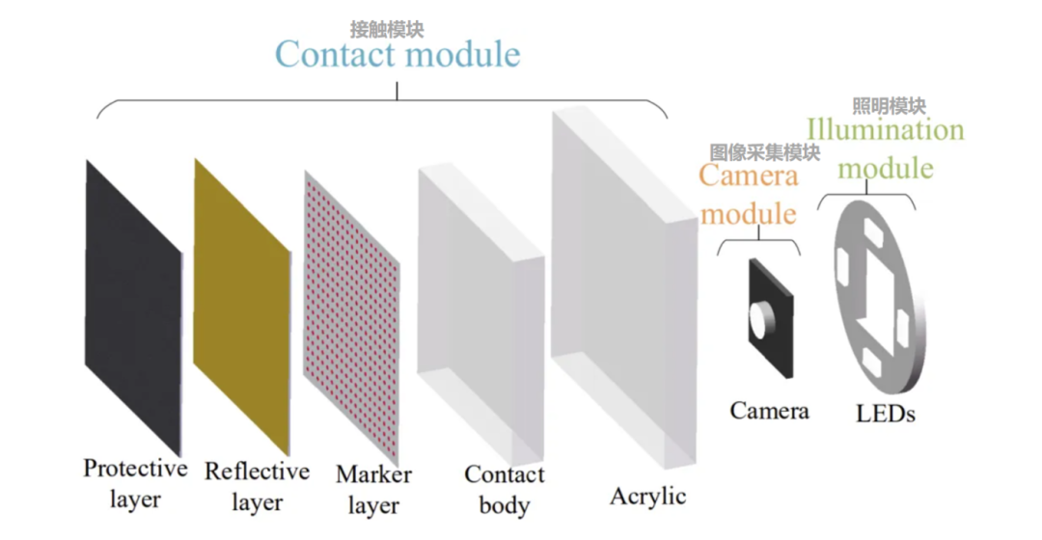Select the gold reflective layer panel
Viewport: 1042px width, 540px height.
[x=241, y=304]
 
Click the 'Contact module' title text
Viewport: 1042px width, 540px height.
[x=398, y=54]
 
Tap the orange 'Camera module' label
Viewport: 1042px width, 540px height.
[x=749, y=194]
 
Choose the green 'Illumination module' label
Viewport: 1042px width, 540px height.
[x=885, y=148]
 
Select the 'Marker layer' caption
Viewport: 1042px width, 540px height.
[x=373, y=489]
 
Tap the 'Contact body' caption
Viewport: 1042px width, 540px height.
[x=504, y=489]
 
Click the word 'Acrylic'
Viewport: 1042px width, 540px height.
[x=647, y=497]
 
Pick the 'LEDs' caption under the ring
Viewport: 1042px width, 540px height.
[x=885, y=414]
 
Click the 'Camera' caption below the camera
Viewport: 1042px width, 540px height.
[x=769, y=411]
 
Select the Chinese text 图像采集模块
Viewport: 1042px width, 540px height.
[x=764, y=152]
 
